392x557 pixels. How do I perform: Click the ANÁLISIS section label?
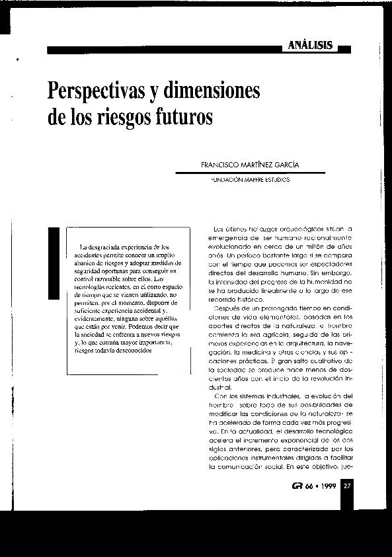[x=309, y=46]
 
